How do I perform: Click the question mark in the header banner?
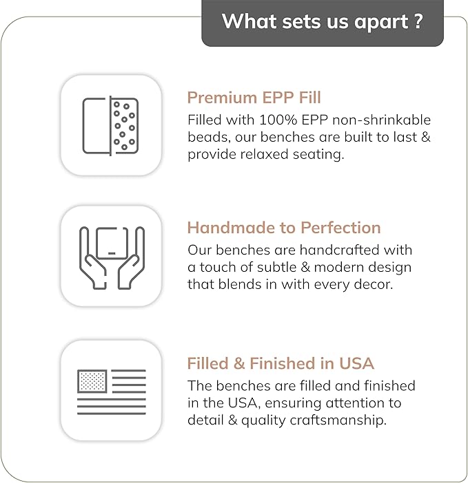418,21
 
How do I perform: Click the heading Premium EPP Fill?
254,98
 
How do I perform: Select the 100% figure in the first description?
278,120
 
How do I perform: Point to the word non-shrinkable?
381,120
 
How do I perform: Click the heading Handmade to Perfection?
284,228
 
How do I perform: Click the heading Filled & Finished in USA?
281,363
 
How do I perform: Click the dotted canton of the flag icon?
92,381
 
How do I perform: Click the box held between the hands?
112,243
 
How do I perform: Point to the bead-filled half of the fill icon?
124,126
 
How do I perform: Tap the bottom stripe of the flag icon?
112,414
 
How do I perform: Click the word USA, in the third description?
244,403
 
